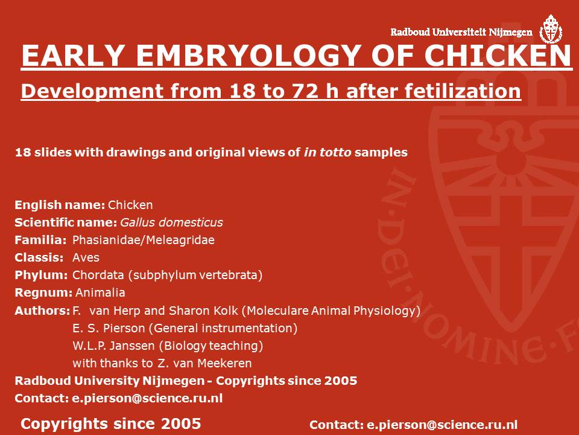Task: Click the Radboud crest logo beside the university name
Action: point(551,29)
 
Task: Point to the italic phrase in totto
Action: point(327,152)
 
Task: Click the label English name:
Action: point(60,205)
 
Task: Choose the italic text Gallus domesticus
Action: point(171,222)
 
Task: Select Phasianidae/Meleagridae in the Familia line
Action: point(144,240)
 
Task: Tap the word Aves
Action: point(86,257)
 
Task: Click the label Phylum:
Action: point(41,275)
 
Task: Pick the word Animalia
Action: point(100,292)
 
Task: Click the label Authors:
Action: point(42,311)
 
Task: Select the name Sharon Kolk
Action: point(203,311)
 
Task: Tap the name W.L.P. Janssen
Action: point(113,346)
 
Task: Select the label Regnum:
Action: point(43,292)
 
